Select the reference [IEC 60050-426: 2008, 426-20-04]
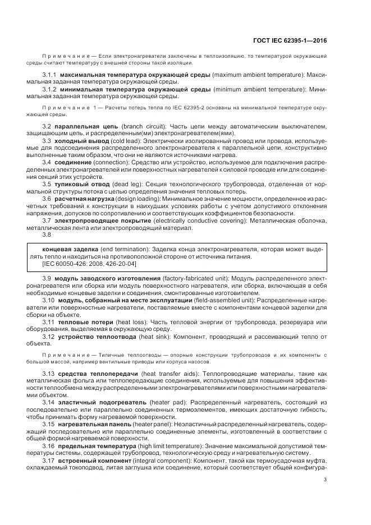click(89, 263)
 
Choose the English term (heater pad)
click(168, 403)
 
